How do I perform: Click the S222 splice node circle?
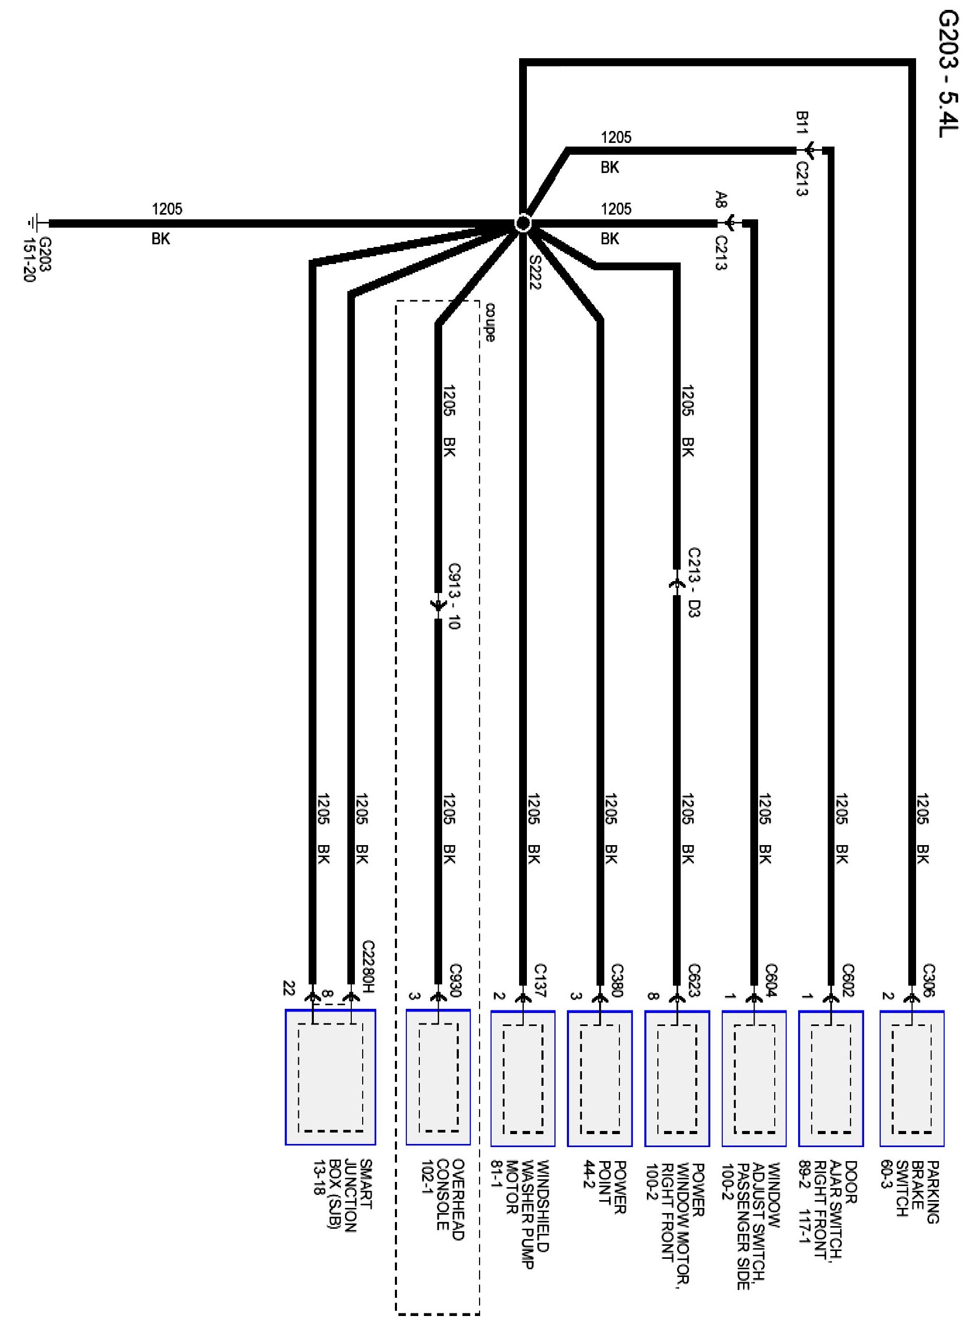[x=522, y=223]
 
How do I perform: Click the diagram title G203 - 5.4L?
[x=948, y=82]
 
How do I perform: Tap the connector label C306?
[x=929, y=980]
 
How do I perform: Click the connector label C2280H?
[x=368, y=967]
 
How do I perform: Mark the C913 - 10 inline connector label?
[x=454, y=596]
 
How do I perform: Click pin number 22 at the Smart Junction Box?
[x=289, y=988]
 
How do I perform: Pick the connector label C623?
[x=694, y=980]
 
